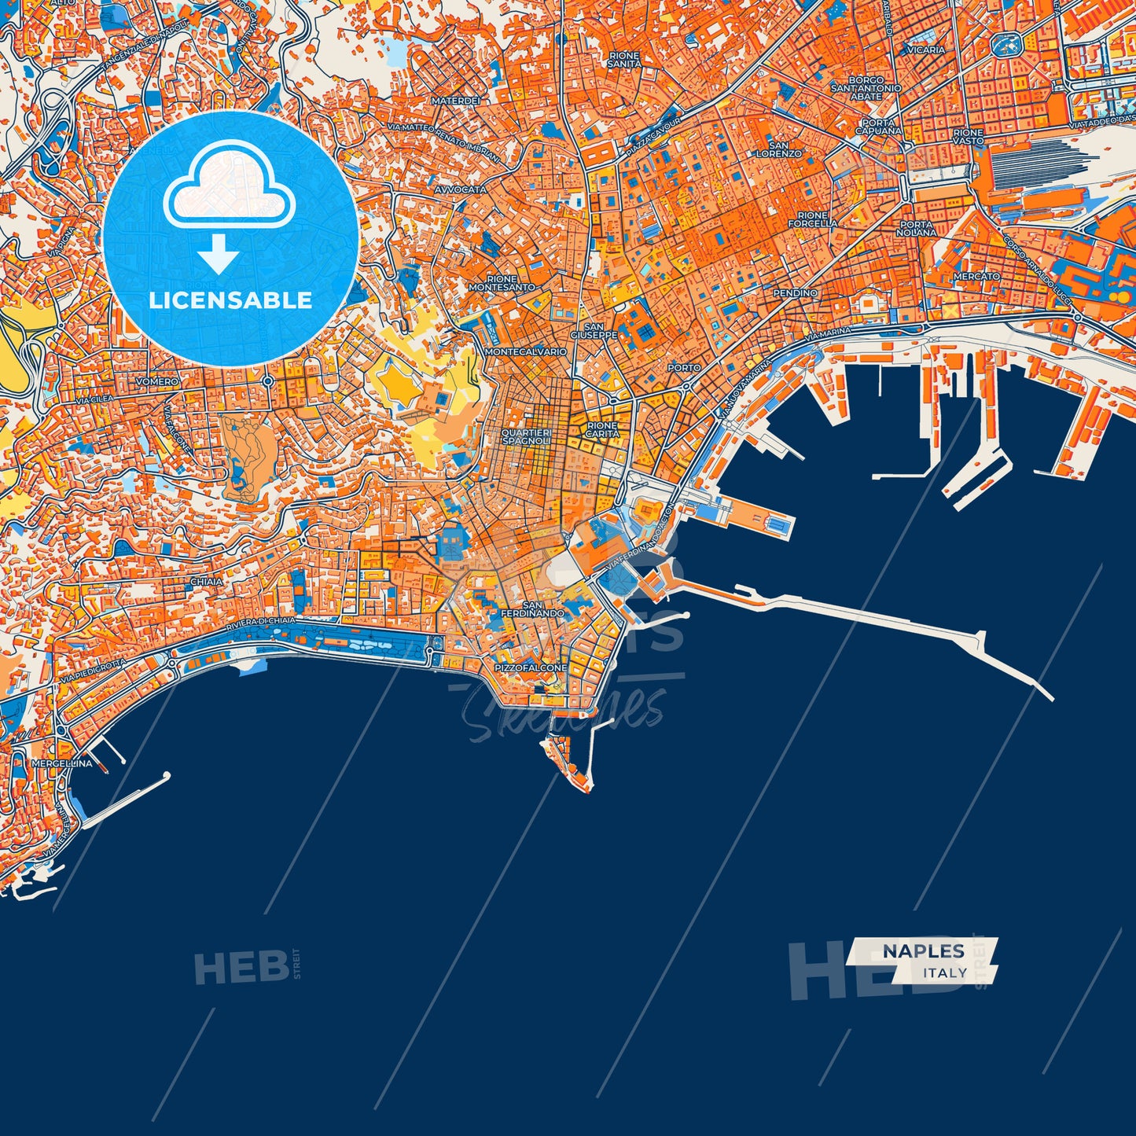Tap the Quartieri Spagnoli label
(x=526, y=437)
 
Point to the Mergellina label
(x=62, y=763)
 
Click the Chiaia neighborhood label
(x=206, y=582)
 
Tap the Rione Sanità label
(x=624, y=59)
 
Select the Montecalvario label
(x=526, y=351)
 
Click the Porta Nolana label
(x=917, y=228)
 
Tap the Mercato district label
(x=976, y=277)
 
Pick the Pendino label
(x=796, y=292)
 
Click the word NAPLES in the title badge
(x=923, y=951)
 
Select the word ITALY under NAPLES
(x=946, y=972)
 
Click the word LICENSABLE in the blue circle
(x=230, y=300)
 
